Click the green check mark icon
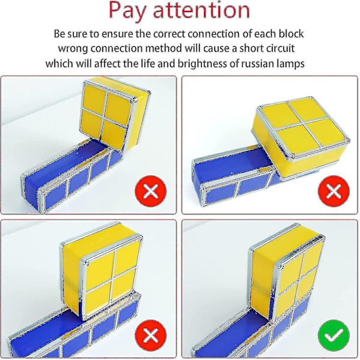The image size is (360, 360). click(x=334, y=335)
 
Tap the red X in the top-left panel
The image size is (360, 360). click(x=151, y=191)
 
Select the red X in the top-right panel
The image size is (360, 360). click(x=334, y=191)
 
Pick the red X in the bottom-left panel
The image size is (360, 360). click(x=151, y=335)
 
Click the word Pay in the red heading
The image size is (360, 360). click(x=127, y=10)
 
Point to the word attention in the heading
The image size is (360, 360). click(x=202, y=10)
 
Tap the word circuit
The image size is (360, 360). click(x=279, y=49)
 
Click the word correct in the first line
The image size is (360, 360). click(x=169, y=34)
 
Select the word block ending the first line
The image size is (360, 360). click(x=291, y=34)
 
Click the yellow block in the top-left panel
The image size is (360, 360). click(x=115, y=113)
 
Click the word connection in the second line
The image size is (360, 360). click(x=118, y=49)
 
